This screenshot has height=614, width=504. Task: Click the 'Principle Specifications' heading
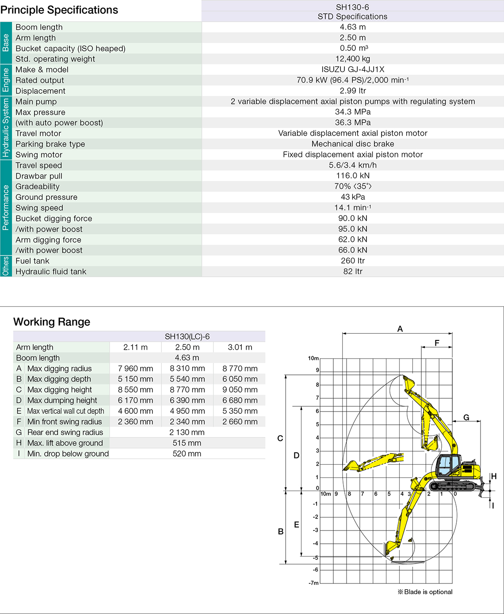59,10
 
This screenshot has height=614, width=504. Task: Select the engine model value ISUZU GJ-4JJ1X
353,69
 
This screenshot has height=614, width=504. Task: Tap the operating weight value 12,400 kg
353,59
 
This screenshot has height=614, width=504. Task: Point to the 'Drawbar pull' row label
39,176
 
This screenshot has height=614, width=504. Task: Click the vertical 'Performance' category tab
6,207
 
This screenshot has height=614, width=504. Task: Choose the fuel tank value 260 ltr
353,261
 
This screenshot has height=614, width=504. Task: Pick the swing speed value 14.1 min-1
353,208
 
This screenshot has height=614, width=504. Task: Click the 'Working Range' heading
52,322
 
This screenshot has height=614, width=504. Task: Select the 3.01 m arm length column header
240,347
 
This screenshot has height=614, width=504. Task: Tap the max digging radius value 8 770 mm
240,369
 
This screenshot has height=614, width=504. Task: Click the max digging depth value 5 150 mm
136,379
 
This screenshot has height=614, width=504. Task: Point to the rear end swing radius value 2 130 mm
187,432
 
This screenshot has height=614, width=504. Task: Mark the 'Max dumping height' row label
62,400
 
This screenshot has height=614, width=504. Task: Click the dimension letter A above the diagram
400,329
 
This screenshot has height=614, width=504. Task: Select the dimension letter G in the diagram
466,417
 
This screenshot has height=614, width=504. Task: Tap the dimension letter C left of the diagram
280,439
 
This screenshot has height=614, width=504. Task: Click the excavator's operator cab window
447,464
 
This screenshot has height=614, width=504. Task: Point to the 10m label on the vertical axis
313,358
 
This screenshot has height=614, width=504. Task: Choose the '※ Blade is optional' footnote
425,592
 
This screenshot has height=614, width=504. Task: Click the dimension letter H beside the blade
494,477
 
